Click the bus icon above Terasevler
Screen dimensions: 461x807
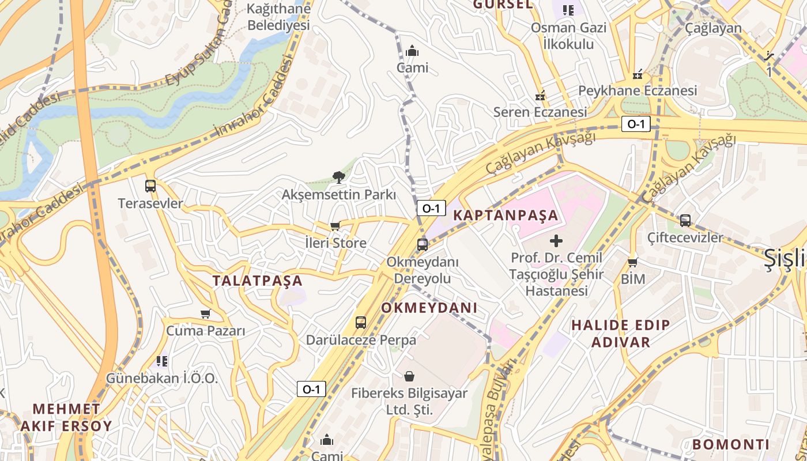pyautogui.click(x=150, y=186)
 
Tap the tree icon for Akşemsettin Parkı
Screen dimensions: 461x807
pyautogui.click(x=339, y=177)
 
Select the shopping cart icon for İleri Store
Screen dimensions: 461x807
pyautogui.click(x=335, y=226)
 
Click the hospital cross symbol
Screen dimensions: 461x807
pyautogui.click(x=556, y=240)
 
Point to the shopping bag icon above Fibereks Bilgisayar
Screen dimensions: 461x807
pyautogui.click(x=409, y=377)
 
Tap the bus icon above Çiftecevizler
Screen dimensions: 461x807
pyautogui.click(x=685, y=220)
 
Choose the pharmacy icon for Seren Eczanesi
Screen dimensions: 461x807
pyautogui.click(x=540, y=95)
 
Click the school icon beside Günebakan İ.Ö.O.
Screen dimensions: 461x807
pyautogui.click(x=162, y=361)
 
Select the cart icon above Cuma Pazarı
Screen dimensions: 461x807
pyautogui.click(x=206, y=314)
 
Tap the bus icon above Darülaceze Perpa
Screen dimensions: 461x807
pyautogui.click(x=361, y=323)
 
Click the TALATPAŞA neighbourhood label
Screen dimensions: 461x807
pyautogui.click(x=257, y=281)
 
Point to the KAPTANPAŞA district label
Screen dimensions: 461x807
pyautogui.click(x=506, y=216)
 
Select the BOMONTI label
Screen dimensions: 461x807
pyautogui.click(x=731, y=444)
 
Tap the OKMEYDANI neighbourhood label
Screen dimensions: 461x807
pyautogui.click(x=429, y=308)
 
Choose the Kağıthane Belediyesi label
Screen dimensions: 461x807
pyautogui.click(x=278, y=17)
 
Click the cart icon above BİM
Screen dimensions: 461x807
pyautogui.click(x=632, y=262)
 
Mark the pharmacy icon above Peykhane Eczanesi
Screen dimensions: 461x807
pyautogui.click(x=638, y=74)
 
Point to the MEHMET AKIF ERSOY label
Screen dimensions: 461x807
pyautogui.click(x=66, y=418)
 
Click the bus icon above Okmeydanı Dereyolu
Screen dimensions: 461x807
pyautogui.click(x=423, y=245)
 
